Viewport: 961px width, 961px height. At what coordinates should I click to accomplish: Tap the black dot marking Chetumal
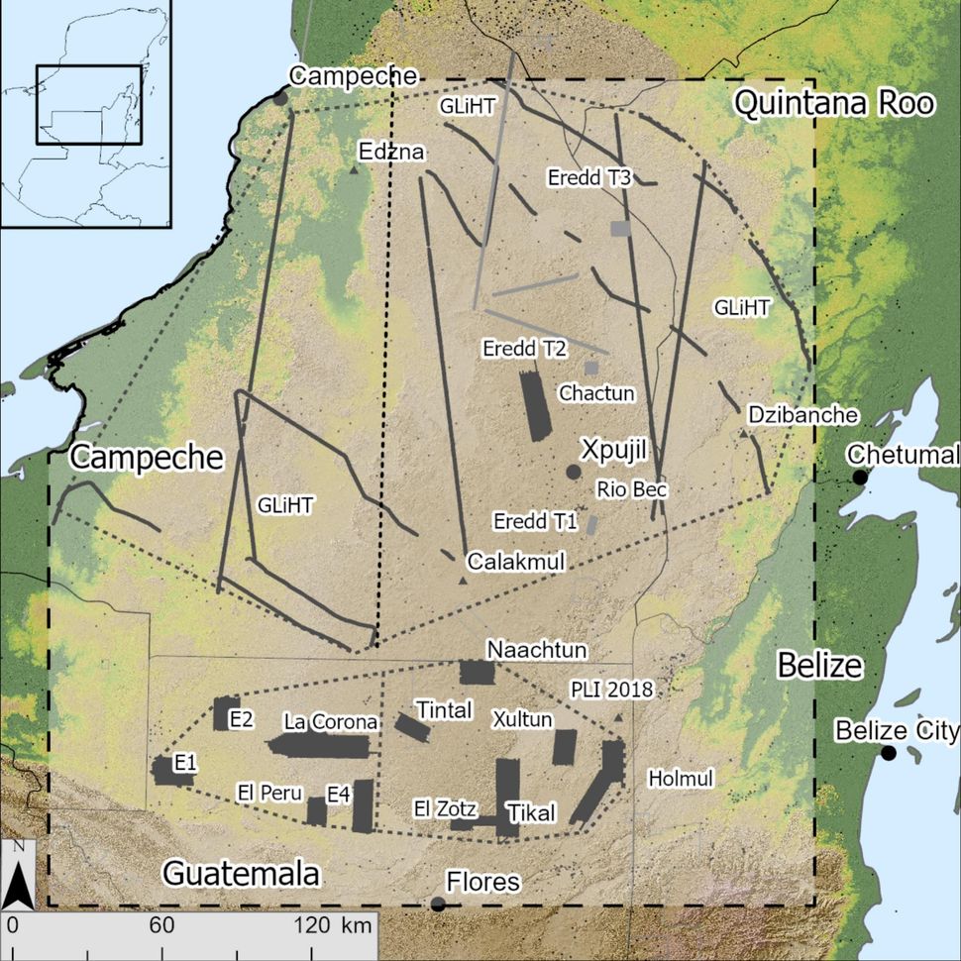click(860, 478)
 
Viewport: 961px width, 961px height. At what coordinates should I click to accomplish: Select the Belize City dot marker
click(889, 753)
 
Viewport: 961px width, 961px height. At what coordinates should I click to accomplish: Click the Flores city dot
click(437, 904)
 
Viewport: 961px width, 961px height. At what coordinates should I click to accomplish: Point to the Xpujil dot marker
click(572, 472)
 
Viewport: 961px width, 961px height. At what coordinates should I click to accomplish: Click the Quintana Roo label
click(833, 102)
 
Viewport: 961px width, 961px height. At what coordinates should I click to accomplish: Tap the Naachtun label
click(537, 649)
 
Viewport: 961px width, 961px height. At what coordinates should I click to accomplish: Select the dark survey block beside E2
click(220, 713)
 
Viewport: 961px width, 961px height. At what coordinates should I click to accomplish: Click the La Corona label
click(330, 720)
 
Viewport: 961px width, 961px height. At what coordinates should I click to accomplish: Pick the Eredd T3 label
click(589, 177)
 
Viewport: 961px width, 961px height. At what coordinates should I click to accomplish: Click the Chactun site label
click(596, 393)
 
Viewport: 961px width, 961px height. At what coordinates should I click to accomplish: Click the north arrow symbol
click(19, 877)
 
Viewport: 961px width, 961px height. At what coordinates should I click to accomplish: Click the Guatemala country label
click(241, 874)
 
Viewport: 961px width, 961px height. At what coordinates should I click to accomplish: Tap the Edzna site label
click(393, 152)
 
